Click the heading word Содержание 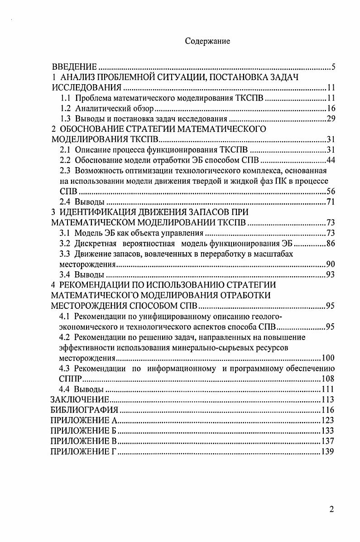tap(207, 41)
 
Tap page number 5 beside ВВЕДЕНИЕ tap(333, 67)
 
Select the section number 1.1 tap(66, 98)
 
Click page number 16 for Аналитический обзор tap(330, 109)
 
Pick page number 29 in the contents tap(330, 119)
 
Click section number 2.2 tap(66, 160)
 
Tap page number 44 tap(330, 160)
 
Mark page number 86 tap(330, 244)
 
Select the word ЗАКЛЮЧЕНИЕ tap(80, 399)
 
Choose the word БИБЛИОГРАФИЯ tap(84, 410)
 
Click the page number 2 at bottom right tap(332, 509)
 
